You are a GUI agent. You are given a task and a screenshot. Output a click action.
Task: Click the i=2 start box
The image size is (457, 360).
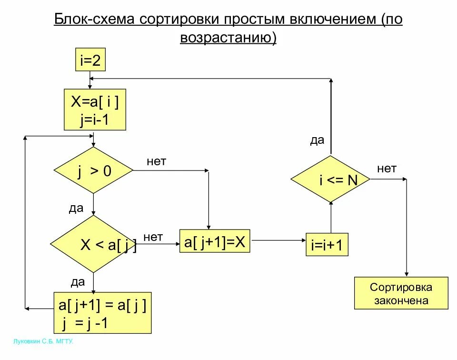pos(90,60)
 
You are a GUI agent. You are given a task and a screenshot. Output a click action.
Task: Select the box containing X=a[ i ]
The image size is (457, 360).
pos(95,110)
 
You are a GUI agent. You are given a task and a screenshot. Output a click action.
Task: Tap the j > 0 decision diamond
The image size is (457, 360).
pos(94,170)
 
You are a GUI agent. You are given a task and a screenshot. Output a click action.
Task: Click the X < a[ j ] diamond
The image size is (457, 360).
pos(94,244)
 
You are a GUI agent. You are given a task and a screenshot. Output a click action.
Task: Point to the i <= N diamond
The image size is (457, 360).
pos(330,180)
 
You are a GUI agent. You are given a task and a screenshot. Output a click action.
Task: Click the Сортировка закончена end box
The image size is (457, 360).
pos(401,293)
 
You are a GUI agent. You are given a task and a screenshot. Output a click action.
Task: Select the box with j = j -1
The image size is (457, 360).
pos(102,313)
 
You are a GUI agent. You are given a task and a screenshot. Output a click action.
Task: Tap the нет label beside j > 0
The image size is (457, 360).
pos(156,161)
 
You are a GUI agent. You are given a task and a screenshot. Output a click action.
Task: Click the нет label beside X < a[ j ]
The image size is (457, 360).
pos(153,237)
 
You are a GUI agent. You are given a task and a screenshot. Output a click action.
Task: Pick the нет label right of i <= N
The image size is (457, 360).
pos(387,168)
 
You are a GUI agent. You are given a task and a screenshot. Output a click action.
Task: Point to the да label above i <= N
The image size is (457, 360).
pos(317,140)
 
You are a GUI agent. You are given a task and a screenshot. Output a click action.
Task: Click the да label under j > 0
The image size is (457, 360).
pos(76,208)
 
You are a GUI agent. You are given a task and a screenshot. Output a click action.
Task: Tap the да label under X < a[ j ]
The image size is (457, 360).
pos(78,282)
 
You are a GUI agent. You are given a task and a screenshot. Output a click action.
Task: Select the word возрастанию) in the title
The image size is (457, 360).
pos(228,37)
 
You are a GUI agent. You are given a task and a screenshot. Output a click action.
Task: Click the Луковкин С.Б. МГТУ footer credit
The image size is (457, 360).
pos(43,341)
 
